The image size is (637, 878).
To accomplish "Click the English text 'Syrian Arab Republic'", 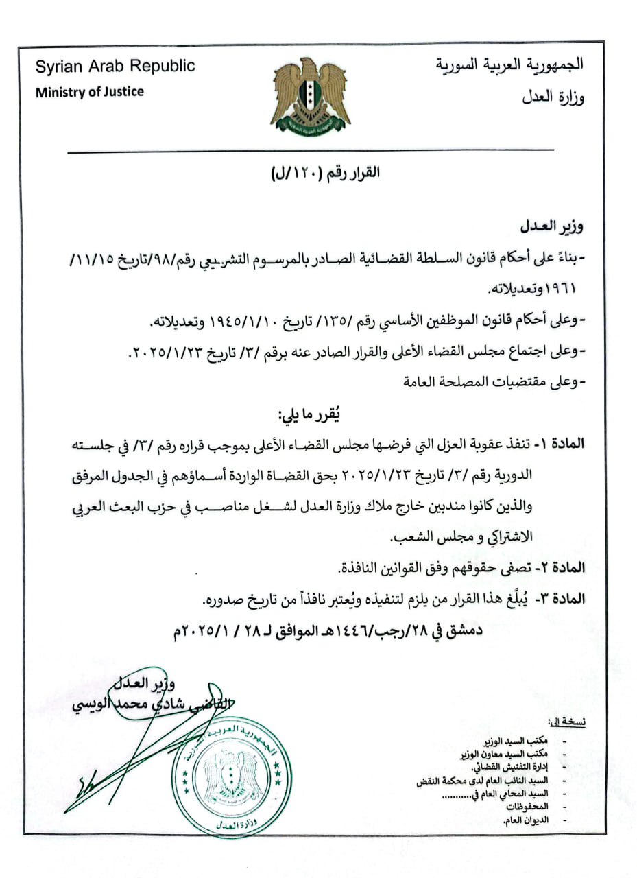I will (x=115, y=67).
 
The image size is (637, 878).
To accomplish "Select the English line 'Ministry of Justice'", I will (x=90, y=91).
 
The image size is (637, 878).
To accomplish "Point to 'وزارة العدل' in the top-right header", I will (x=553, y=97).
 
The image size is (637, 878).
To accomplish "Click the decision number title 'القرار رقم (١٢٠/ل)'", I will (x=325, y=173).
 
